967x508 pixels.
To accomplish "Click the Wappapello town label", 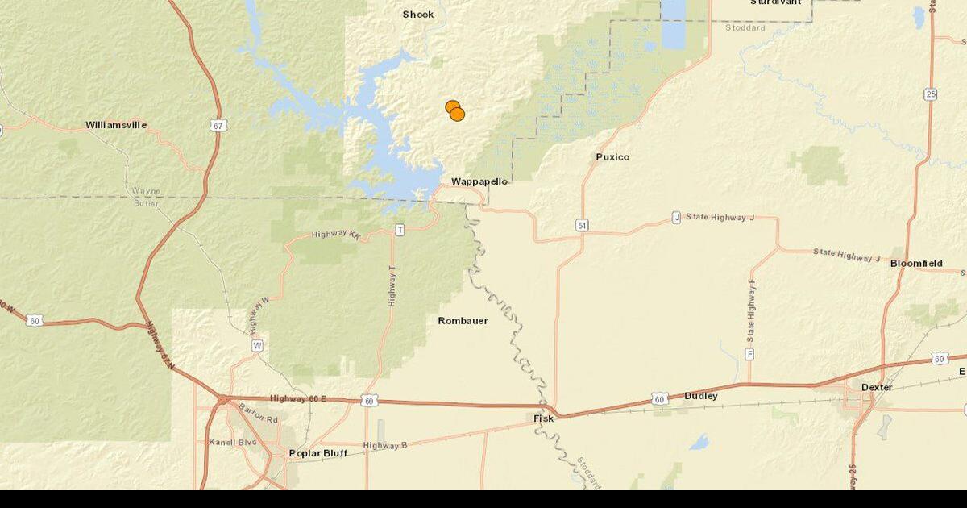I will coord(479,181).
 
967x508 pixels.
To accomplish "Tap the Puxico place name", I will coord(612,156).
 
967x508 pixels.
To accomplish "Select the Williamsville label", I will coord(116,125).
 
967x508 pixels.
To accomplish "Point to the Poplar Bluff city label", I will coord(317,453).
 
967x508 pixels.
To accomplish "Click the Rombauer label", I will coord(463,321).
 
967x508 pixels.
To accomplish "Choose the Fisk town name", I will coord(544,418).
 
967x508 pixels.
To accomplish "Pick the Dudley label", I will coord(700,396).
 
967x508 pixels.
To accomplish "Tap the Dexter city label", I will coord(877,387).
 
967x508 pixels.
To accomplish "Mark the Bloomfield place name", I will coord(916,264).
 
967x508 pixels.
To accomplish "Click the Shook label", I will coord(418,15).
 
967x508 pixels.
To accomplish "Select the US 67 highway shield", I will coord(220,125).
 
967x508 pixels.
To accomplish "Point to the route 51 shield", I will coord(582,225).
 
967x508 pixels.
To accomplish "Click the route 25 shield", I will coord(931,94).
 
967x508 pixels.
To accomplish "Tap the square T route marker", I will coord(399,231).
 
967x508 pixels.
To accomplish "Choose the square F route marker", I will coord(749,354).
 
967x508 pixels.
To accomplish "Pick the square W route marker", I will coord(257,345).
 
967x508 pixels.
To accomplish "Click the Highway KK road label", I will coord(335,235).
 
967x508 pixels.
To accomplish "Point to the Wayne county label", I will coord(146,191).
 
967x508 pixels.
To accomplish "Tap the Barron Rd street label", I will coord(258,420).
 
